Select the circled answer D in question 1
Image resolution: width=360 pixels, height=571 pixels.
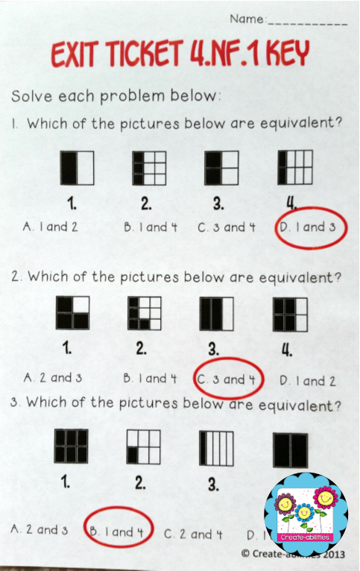(310, 227)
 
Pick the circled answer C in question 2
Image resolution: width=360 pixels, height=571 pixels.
(230, 379)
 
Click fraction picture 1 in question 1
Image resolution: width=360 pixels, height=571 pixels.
(78, 168)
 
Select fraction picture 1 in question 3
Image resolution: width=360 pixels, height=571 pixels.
(72, 447)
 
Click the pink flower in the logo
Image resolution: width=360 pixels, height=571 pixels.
(329, 498)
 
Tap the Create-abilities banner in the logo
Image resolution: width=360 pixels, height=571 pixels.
(306, 537)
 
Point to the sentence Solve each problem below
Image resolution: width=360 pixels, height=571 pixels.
(116, 96)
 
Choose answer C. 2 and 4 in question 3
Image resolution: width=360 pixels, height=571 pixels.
(193, 533)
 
